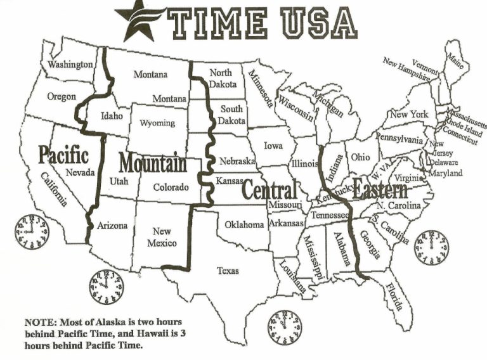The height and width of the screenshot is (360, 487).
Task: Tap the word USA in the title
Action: [x=317, y=22]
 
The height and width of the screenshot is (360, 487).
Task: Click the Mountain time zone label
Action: [x=153, y=164]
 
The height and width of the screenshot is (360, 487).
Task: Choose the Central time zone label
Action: [x=269, y=189]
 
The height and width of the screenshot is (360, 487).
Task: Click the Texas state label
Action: [x=228, y=271]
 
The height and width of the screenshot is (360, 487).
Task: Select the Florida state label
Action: [x=393, y=295]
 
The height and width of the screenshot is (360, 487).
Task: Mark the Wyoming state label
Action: [x=157, y=123]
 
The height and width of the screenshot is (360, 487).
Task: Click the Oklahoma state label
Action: [x=244, y=224]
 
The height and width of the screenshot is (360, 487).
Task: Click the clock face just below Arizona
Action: [x=106, y=286]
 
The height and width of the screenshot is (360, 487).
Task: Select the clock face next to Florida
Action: [x=431, y=247]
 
